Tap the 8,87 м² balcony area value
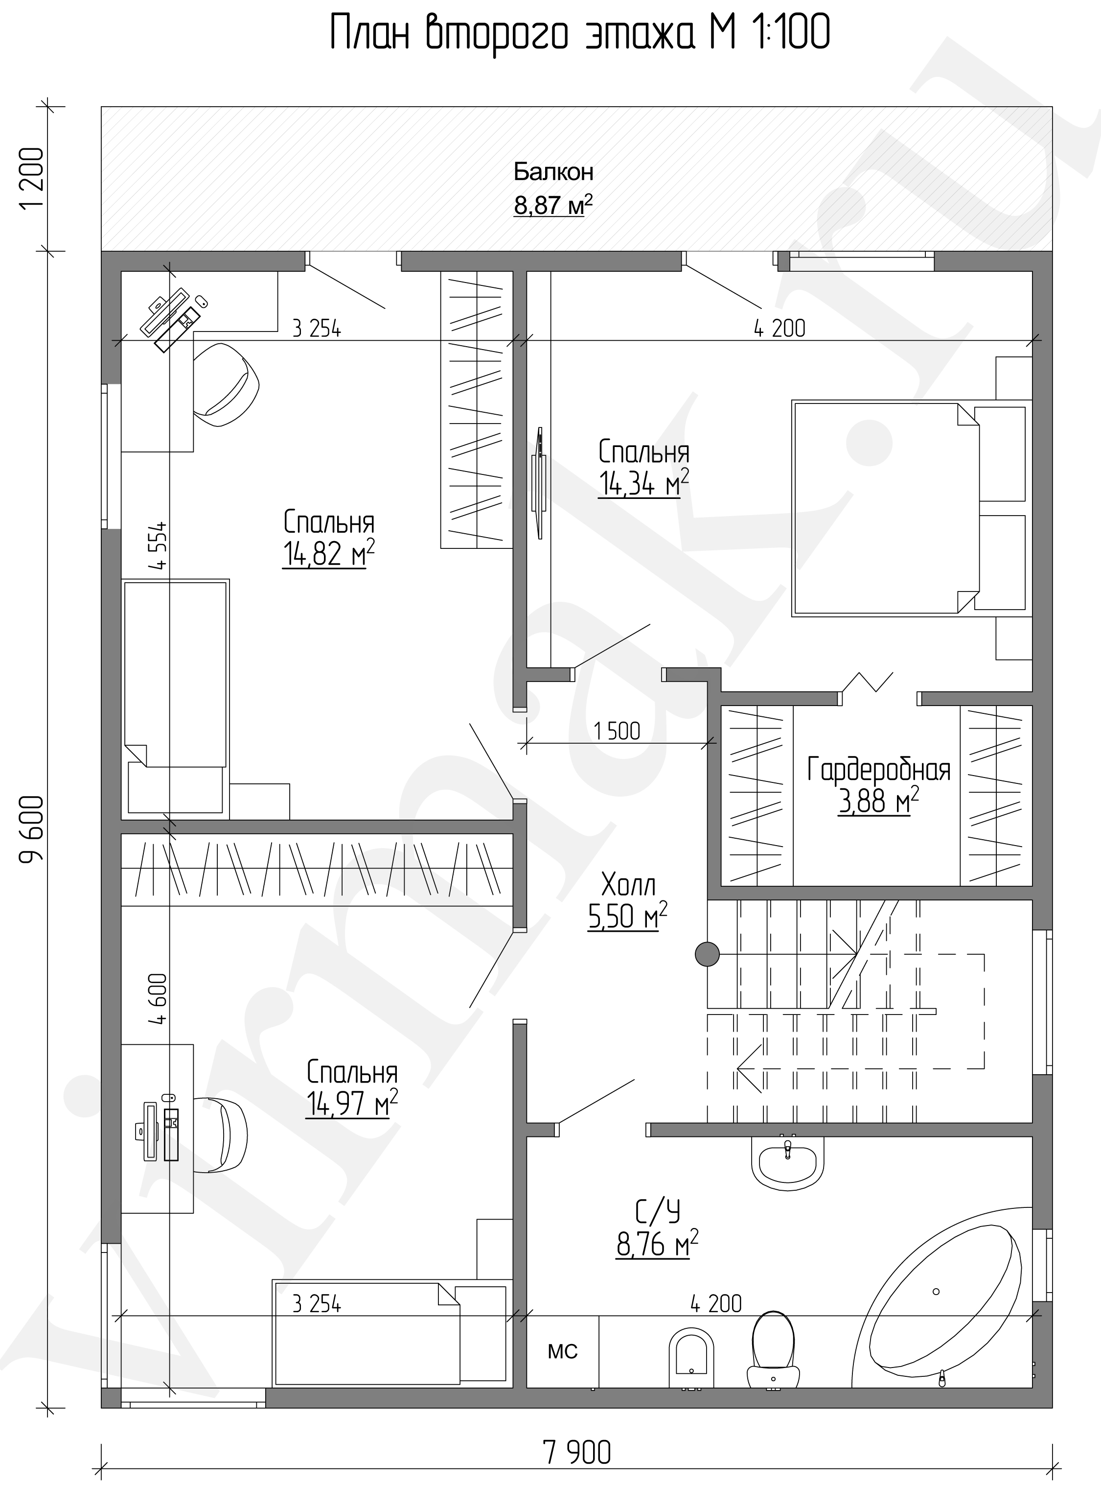click(553, 205)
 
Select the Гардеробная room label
click(878, 770)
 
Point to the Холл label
click(628, 885)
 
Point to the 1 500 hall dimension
click(617, 731)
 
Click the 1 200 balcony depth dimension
click(31, 179)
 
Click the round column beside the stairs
click(707, 954)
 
